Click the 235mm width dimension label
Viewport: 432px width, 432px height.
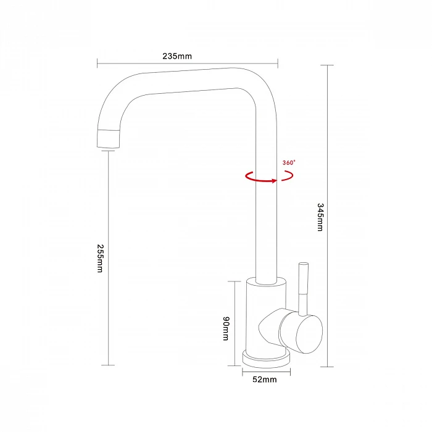click(x=177, y=56)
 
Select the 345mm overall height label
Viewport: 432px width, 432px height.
click(x=320, y=217)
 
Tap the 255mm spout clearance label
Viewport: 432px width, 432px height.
click(x=100, y=258)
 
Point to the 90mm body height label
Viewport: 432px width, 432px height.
click(x=226, y=328)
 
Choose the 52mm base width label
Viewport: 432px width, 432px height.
click(x=265, y=380)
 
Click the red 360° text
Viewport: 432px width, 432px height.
click(x=289, y=162)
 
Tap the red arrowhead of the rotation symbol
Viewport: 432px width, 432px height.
click(x=275, y=181)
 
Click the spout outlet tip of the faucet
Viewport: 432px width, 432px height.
click(x=108, y=139)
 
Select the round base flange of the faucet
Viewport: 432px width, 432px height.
click(x=266, y=359)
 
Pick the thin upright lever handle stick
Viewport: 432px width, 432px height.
click(x=304, y=289)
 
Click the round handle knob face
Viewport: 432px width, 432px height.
click(x=309, y=334)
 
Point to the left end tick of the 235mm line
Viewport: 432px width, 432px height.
click(x=98, y=63)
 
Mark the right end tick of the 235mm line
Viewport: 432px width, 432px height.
click(x=278, y=63)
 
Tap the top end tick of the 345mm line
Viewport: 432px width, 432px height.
click(x=327, y=65)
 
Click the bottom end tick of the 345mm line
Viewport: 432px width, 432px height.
click(x=327, y=367)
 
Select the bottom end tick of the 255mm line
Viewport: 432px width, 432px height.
click(x=108, y=365)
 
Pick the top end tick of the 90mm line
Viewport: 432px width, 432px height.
click(x=235, y=281)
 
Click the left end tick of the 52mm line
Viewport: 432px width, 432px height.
click(x=243, y=372)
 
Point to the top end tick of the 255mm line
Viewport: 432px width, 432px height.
click(x=108, y=151)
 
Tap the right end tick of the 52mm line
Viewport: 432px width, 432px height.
click(x=290, y=372)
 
